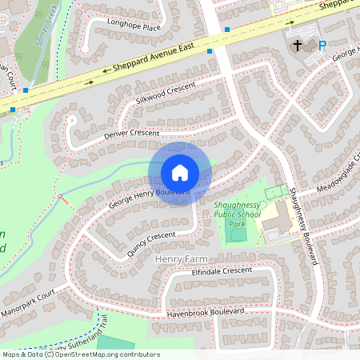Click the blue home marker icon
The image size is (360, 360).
pyautogui.click(x=180, y=172)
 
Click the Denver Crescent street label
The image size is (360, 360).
pyautogui.click(x=132, y=134)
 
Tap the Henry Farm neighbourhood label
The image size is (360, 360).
pyautogui.click(x=181, y=259)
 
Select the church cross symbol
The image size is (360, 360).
pyautogui.click(x=298, y=46)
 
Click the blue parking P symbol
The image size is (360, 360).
pyautogui.click(x=322, y=46)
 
